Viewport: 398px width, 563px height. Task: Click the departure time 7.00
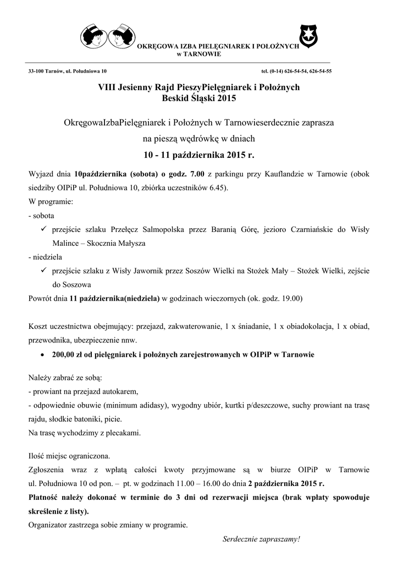pos(197,174)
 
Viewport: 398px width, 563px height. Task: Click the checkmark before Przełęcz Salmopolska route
pos(43,229)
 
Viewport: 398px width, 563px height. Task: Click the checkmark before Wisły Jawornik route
pos(43,271)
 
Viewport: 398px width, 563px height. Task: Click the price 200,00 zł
pos(69,355)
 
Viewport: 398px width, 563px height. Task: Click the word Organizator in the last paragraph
pos(48,524)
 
